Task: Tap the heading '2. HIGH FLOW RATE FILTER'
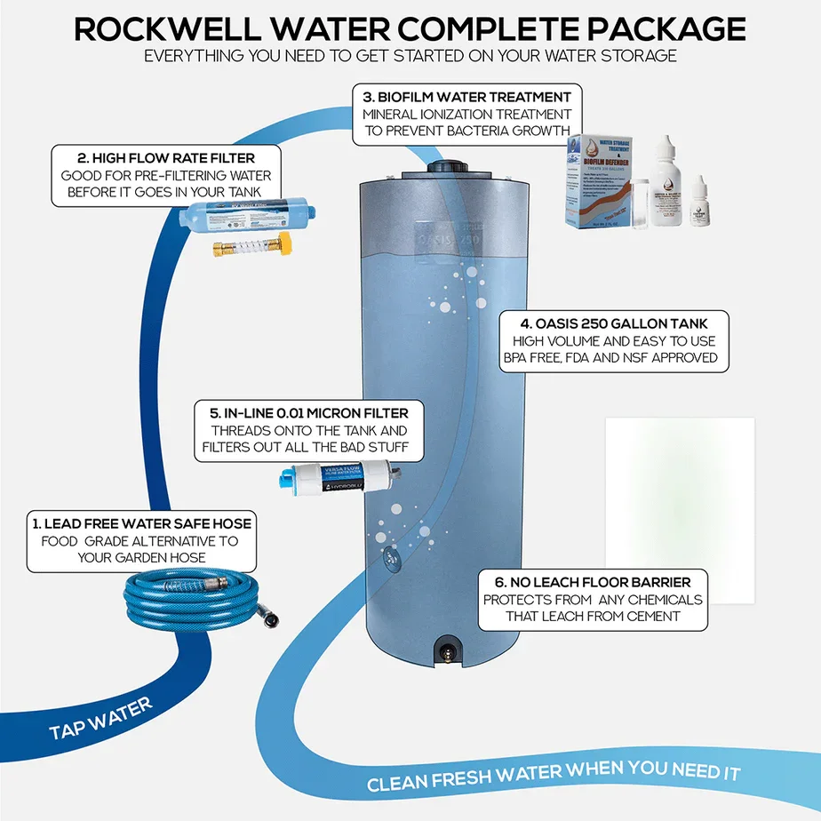click(x=166, y=157)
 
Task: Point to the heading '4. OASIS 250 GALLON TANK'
click(x=613, y=323)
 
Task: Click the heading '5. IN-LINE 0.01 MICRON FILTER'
click(x=308, y=413)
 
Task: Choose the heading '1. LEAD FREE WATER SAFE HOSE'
click(x=142, y=523)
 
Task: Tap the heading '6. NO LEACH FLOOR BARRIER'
click(x=593, y=582)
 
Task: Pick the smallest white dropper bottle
click(x=703, y=200)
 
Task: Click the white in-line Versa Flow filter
click(x=339, y=478)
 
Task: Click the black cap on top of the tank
click(x=448, y=166)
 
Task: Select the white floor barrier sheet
click(x=680, y=511)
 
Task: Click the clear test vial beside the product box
click(x=637, y=200)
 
